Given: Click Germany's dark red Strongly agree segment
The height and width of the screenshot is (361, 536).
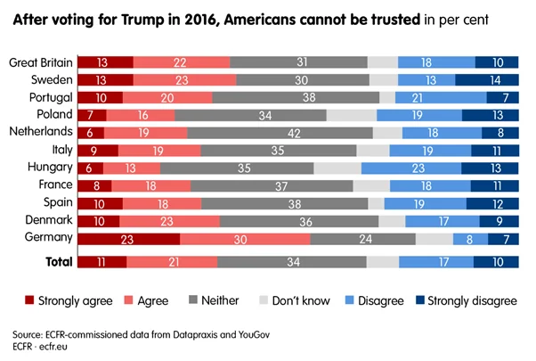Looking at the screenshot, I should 129,239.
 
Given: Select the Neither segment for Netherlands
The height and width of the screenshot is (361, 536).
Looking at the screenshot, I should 280,133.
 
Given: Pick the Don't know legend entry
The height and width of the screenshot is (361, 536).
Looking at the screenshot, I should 313,300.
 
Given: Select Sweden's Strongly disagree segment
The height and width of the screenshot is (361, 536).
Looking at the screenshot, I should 494,79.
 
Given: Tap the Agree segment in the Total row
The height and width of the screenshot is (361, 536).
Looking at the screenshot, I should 172,262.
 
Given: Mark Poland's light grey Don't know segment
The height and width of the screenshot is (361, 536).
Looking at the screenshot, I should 352,115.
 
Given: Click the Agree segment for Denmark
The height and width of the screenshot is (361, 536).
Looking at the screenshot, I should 169,221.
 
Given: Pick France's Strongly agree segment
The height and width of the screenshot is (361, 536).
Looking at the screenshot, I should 95,185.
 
